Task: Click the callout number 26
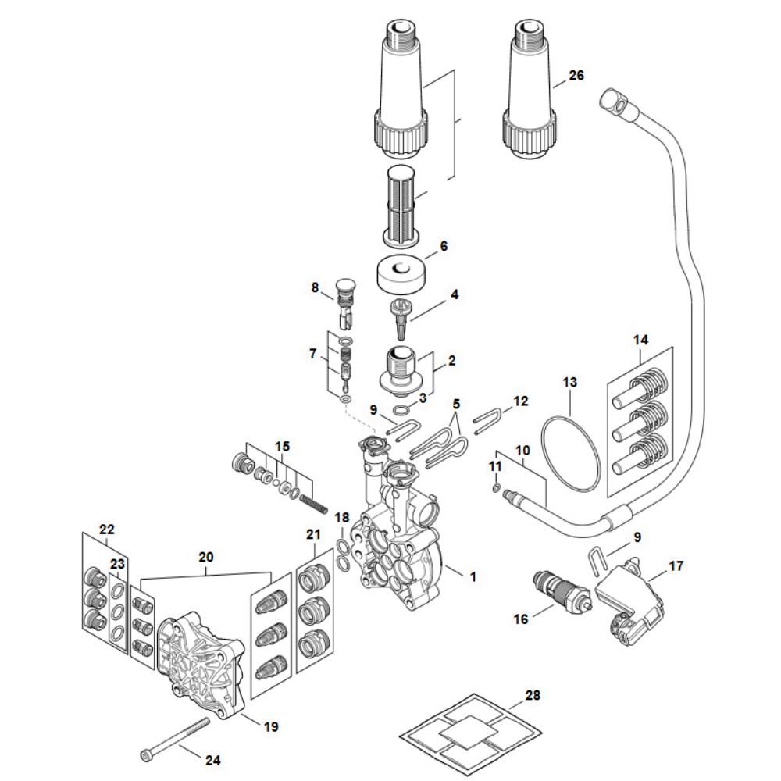click(576, 76)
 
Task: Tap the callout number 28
click(533, 695)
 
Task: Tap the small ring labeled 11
click(496, 489)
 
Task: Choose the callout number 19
click(270, 727)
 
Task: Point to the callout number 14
click(640, 340)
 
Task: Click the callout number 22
click(106, 529)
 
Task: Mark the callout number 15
click(280, 446)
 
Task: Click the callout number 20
click(205, 558)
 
